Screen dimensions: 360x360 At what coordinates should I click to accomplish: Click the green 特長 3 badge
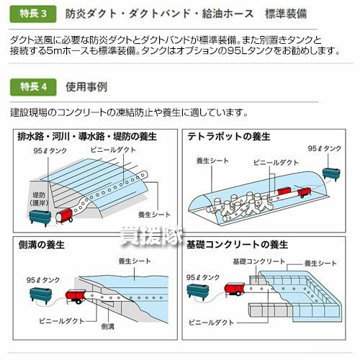click(x=33, y=14)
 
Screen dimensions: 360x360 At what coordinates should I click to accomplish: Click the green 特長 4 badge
click(x=33, y=87)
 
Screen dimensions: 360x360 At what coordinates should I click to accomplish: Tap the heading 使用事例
click(x=86, y=87)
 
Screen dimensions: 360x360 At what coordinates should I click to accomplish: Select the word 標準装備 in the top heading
click(x=286, y=14)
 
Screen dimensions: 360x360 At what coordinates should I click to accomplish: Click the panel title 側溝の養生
click(x=42, y=245)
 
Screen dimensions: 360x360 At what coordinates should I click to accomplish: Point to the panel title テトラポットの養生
click(x=229, y=137)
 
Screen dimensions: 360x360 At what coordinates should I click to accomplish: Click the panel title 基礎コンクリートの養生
click(x=237, y=245)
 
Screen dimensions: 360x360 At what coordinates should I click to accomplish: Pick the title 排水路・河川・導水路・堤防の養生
click(x=87, y=137)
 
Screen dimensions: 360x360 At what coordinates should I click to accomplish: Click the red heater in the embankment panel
click(x=64, y=215)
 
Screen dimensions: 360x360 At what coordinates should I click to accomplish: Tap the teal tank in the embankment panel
click(x=40, y=217)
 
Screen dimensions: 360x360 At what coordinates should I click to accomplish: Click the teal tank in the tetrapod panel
click(x=331, y=174)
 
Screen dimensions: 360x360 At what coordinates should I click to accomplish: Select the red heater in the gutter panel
click(x=76, y=296)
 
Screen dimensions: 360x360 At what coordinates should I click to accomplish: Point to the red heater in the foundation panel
click(x=234, y=289)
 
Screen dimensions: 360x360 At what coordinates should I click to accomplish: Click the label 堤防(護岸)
click(x=39, y=199)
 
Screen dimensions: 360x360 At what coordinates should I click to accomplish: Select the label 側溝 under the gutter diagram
click(x=108, y=326)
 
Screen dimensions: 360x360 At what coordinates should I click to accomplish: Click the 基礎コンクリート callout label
click(x=258, y=261)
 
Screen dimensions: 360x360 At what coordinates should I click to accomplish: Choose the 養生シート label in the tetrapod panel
click(x=212, y=161)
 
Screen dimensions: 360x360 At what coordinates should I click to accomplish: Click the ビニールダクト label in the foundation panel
click(x=211, y=323)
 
